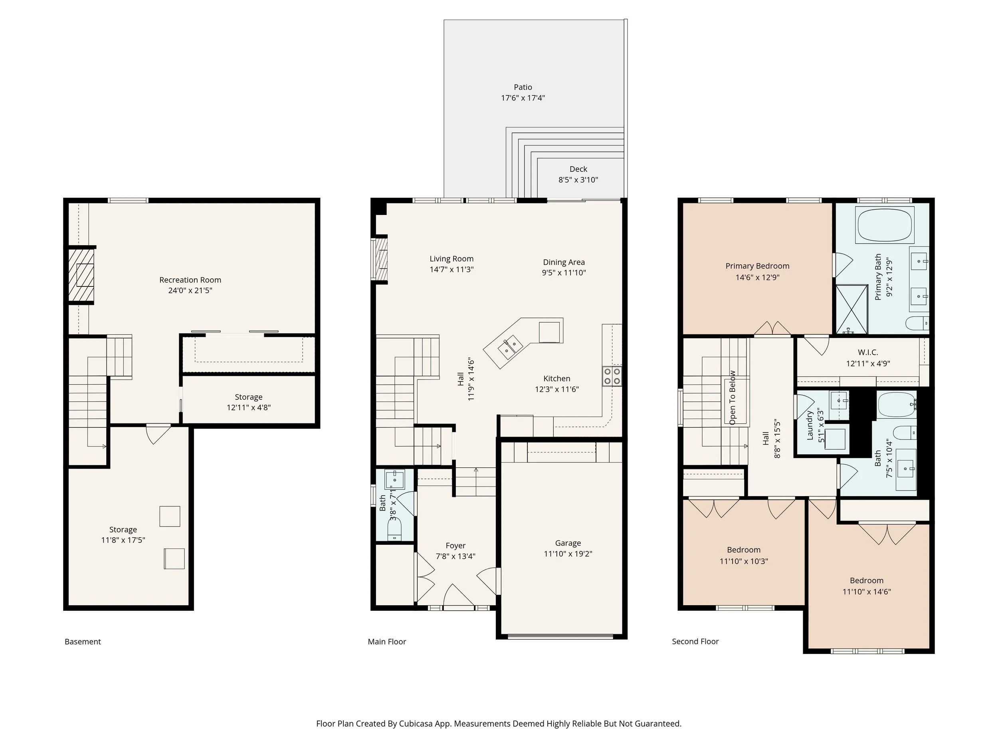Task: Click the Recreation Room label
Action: click(x=190, y=280)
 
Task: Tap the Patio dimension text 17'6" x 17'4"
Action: click(x=523, y=98)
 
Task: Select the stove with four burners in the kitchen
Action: click(x=612, y=376)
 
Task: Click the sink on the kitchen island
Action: click(x=510, y=347)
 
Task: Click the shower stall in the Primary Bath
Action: click(x=852, y=309)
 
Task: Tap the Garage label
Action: click(x=568, y=543)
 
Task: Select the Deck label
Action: click(x=578, y=169)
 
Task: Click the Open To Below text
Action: click(x=732, y=398)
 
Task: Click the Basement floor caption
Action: click(x=83, y=642)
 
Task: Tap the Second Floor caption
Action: click(x=695, y=642)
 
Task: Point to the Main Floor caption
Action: click(x=387, y=642)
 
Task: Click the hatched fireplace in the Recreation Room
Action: click(x=81, y=275)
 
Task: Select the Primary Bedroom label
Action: click(x=758, y=266)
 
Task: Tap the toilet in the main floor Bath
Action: click(x=394, y=528)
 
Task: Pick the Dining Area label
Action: click(x=564, y=262)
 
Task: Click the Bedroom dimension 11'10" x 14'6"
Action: click(x=867, y=592)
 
